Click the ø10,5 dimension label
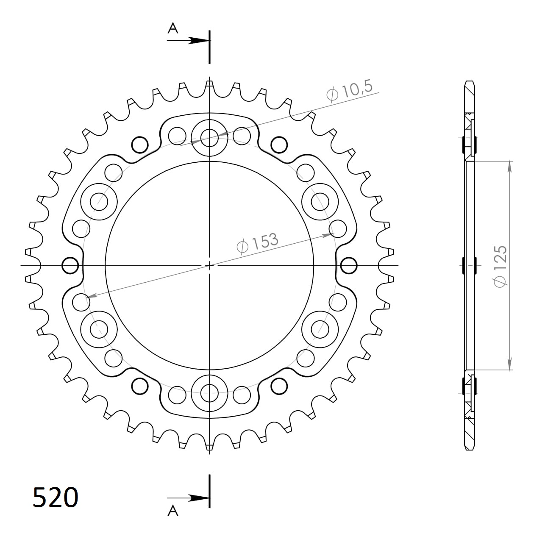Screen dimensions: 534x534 (x=350, y=91)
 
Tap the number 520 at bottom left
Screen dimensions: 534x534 (x=55, y=497)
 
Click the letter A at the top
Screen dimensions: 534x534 (x=173, y=28)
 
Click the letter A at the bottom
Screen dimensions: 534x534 (x=173, y=511)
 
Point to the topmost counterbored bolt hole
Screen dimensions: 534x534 (x=209, y=136)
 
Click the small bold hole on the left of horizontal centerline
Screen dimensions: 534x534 (x=70, y=266)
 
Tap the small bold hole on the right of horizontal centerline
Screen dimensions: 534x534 (x=348, y=266)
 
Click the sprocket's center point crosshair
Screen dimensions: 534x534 (x=209, y=266)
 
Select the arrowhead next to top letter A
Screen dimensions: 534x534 (x=197, y=40)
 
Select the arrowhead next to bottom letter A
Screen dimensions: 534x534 (x=197, y=498)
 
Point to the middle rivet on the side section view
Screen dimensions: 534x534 (x=469, y=266)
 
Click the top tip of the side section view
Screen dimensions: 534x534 (x=470, y=82)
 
